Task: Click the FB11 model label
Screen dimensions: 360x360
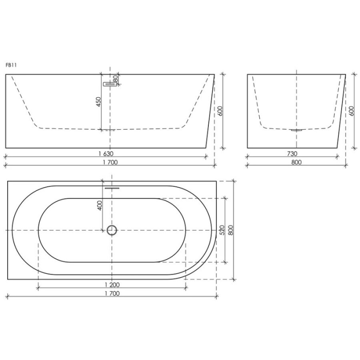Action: [11, 65]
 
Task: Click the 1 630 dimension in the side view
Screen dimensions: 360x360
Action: [106, 153]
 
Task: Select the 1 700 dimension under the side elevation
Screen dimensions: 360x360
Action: [110, 162]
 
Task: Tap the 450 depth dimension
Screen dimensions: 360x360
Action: [98, 102]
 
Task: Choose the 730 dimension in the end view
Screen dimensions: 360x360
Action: [292, 153]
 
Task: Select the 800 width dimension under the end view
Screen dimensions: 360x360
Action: [296, 162]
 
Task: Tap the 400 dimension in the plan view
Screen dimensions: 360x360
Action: [100, 206]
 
